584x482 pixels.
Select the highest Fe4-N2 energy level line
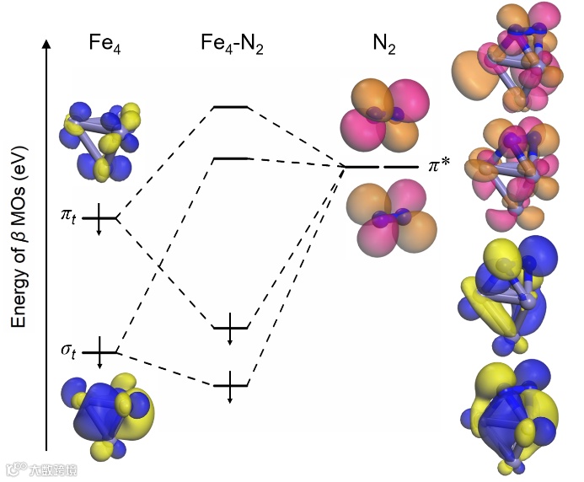point(230,108)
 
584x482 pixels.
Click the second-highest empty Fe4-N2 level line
point(230,158)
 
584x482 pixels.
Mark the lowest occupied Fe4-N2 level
point(230,385)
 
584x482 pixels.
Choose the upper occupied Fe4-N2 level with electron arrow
point(230,327)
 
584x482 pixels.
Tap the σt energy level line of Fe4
point(99,351)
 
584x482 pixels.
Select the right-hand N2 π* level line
point(401,168)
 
